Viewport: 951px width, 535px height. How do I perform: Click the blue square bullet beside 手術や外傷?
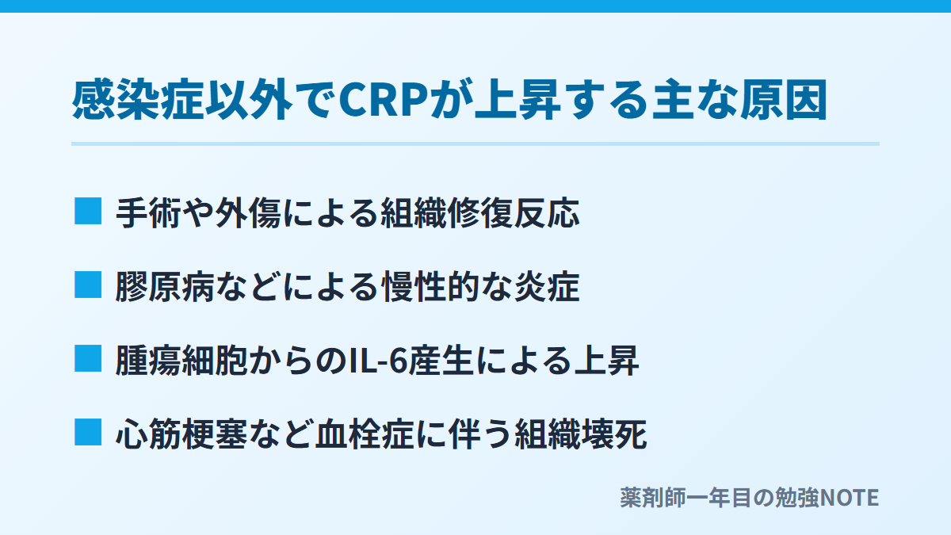88,211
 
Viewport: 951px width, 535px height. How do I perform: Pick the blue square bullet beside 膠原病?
88,285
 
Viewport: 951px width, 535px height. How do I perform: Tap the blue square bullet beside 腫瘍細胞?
88,358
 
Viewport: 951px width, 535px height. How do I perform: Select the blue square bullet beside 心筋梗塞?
88,432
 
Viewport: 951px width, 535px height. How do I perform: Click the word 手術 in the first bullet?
148,212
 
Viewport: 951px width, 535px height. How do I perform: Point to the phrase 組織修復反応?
479,212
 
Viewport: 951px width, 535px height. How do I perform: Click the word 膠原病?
165,287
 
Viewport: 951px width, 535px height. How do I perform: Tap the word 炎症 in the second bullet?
547,287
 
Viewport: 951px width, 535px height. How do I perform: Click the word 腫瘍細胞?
181,361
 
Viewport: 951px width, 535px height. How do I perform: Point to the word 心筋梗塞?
181,434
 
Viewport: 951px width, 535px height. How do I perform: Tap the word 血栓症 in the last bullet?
365,434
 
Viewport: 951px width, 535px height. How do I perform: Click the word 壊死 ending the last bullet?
613,434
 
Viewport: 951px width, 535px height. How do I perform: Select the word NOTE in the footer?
849,498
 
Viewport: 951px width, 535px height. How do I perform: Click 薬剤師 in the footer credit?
652,498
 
